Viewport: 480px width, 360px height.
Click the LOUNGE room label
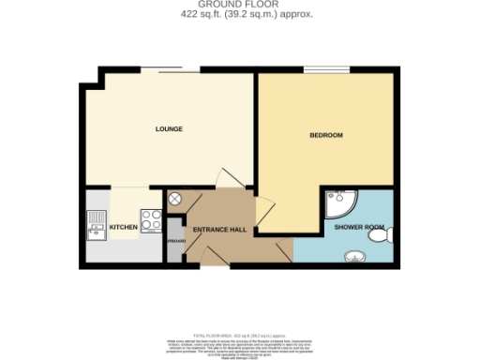[169, 128]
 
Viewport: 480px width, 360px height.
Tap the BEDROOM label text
[325, 136]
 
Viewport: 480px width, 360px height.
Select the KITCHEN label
[124, 227]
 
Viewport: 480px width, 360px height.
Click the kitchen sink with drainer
[97, 225]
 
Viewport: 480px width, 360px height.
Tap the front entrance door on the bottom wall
[214, 258]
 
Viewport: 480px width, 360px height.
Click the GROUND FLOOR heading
[240, 5]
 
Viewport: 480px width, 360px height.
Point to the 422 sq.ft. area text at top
[240, 15]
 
